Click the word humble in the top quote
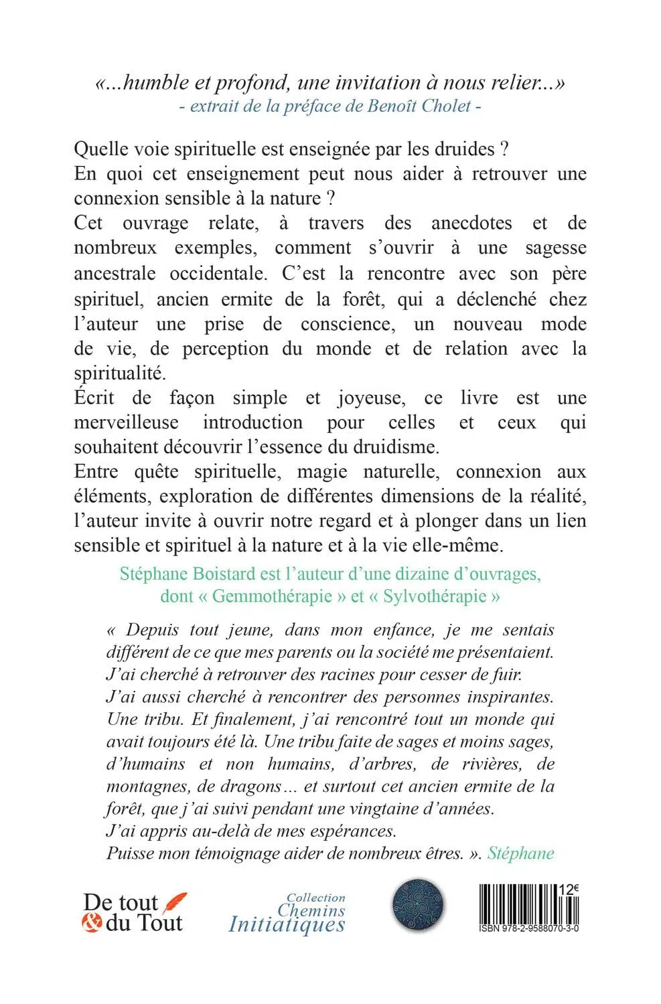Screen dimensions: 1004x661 (x=157, y=83)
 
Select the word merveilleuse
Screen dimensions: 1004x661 (x=127, y=422)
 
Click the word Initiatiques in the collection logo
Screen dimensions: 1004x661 (x=287, y=924)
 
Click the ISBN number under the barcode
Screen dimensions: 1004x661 (x=529, y=930)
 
